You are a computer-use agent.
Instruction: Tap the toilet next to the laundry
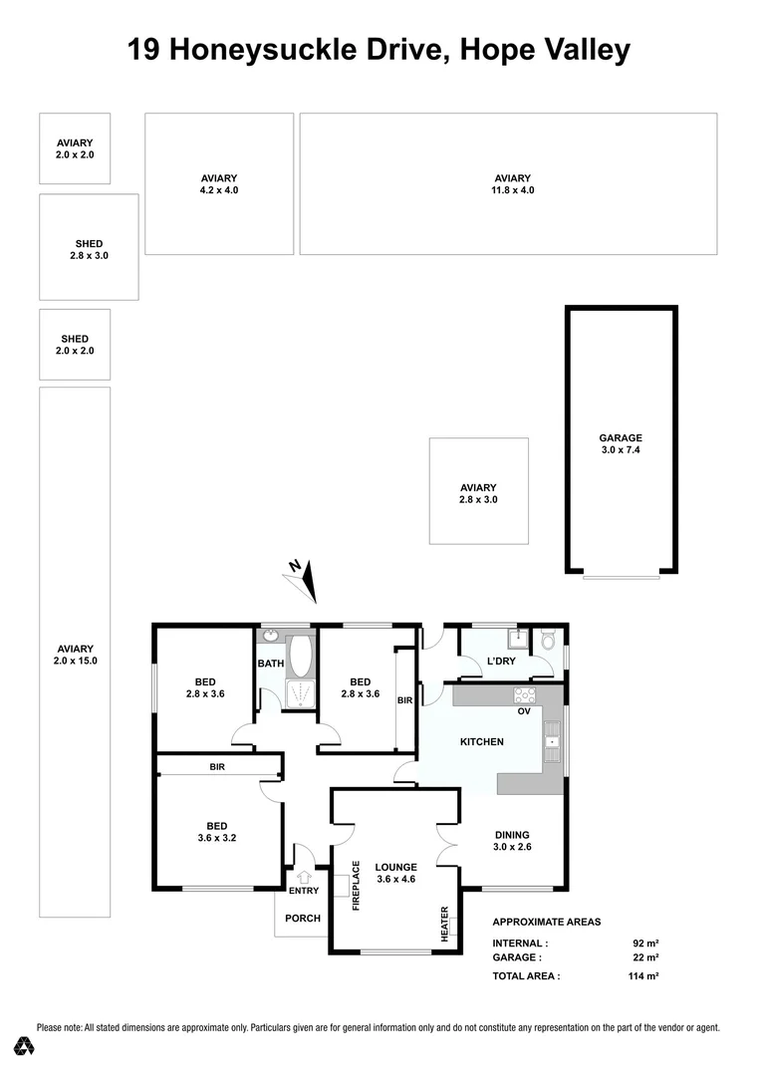pyautogui.click(x=547, y=639)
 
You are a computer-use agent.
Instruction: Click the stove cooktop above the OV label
pyautogui.click(x=525, y=694)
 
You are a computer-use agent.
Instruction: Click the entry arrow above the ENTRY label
pyautogui.click(x=304, y=877)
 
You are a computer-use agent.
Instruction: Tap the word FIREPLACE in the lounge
pyautogui.click(x=356, y=885)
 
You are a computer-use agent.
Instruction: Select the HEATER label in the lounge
pyautogui.click(x=445, y=924)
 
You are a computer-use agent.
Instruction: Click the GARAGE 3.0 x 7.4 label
pyautogui.click(x=621, y=443)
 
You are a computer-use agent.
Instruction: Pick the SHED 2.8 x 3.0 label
pyautogui.click(x=89, y=249)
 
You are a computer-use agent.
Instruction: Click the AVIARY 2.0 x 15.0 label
pyautogui.click(x=75, y=654)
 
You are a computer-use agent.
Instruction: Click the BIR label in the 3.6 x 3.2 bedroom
pyautogui.click(x=217, y=767)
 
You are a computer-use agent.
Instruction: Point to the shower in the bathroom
pyautogui.click(x=300, y=695)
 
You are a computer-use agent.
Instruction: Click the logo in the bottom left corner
pyautogui.click(x=25, y=1046)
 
